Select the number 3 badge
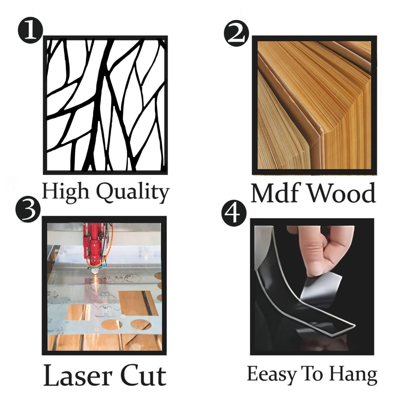28,211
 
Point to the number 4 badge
234,214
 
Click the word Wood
342,192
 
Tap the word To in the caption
312,374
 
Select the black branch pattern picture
105,105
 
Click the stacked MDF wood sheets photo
314,105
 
